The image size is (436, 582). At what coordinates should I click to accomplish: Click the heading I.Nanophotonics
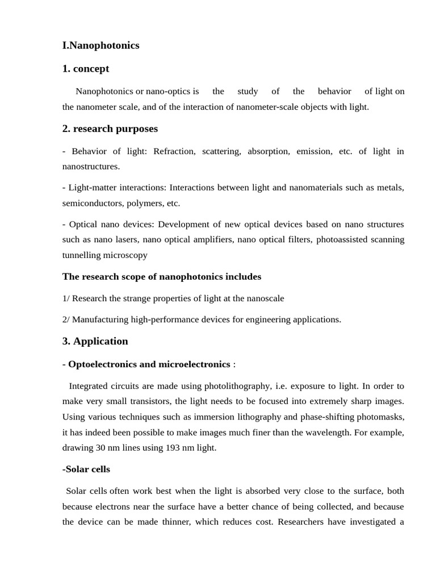point(100,45)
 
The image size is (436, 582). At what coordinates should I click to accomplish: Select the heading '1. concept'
point(85,69)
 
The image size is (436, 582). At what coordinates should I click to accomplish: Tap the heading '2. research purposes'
point(110,128)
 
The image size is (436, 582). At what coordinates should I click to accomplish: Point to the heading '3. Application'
point(95,341)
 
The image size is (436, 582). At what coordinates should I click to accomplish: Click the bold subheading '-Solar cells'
point(86,469)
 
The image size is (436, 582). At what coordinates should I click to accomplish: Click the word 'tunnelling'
point(81,255)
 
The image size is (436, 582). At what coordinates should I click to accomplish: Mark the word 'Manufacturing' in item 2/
point(100,319)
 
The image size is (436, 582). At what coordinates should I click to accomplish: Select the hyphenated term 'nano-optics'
point(169,91)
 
